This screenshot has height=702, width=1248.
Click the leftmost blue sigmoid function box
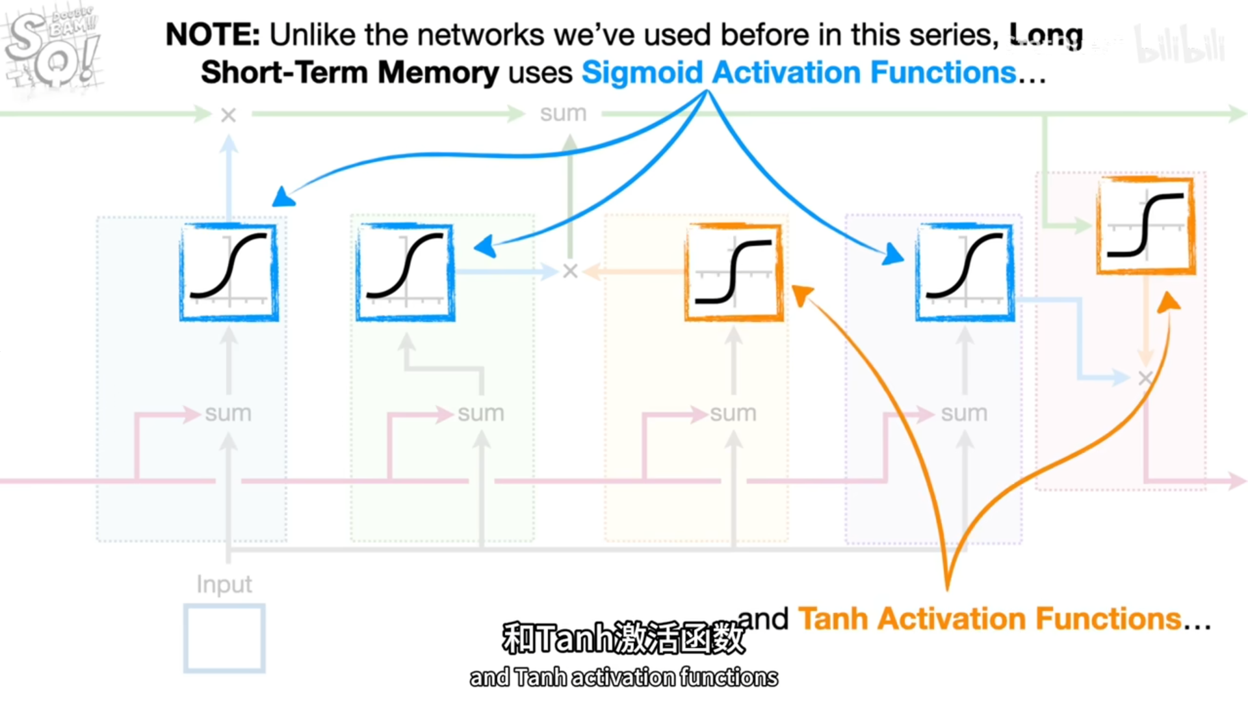click(x=229, y=272)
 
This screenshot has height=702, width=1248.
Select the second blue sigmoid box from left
click(x=405, y=272)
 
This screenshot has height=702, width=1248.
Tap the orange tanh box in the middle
click(x=734, y=272)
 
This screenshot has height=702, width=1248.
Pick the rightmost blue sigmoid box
click(x=965, y=272)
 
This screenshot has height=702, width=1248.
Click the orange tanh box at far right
click(x=1146, y=225)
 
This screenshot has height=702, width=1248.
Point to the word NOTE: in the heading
click(x=213, y=34)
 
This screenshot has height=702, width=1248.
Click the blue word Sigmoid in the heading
click(x=642, y=72)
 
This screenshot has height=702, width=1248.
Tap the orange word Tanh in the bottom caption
click(x=833, y=619)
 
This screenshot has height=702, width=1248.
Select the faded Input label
click(x=224, y=584)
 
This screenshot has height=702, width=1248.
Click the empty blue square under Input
click(x=224, y=638)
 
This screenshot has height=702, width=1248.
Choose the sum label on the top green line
click(x=563, y=114)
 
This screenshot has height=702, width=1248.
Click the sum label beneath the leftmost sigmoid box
click(x=227, y=413)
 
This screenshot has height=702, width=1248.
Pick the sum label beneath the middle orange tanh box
click(x=733, y=413)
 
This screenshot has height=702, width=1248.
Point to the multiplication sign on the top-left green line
click(x=228, y=115)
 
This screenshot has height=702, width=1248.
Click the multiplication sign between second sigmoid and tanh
click(x=570, y=271)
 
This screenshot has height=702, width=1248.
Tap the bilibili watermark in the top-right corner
click(x=1179, y=44)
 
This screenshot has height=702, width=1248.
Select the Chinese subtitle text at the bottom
click(x=623, y=638)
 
